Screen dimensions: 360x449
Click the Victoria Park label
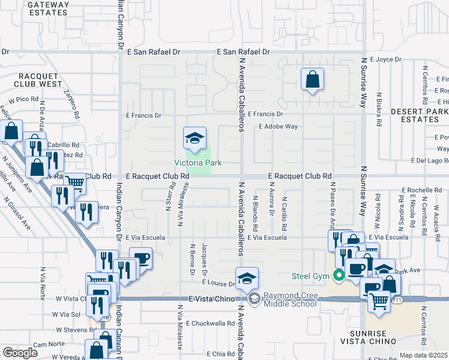[x=198, y=163]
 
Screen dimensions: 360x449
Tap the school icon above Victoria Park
[x=194, y=139]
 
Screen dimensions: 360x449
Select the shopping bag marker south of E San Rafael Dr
[x=312, y=79]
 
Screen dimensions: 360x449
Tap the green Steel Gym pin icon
[x=339, y=276]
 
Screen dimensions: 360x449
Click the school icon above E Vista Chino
[x=247, y=279]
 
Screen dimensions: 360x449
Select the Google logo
[x=20, y=353]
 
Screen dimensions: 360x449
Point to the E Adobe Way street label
[x=278, y=127]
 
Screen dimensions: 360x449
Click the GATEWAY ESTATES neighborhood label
[x=49, y=8]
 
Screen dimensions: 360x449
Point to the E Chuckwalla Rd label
[x=209, y=323]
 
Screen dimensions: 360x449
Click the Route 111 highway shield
[x=397, y=298]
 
